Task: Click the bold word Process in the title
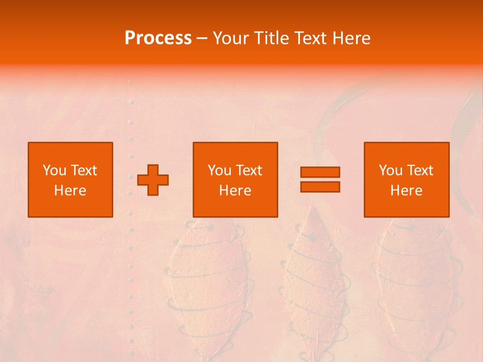coord(158,38)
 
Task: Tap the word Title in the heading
coord(272,38)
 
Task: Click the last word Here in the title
coord(351,38)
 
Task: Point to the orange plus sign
coord(153,180)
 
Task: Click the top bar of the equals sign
coord(320,172)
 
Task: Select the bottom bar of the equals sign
coord(320,187)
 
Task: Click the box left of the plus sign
coord(70,179)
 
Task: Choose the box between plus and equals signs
coord(235,179)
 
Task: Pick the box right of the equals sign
coord(406,179)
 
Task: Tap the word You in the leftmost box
coord(54,170)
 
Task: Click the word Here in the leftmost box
coord(70,191)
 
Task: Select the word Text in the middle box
coord(249,170)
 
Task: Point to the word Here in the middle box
coord(235,191)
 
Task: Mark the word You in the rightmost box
coord(390,170)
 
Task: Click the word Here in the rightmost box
coord(406,191)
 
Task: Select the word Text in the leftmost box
coord(84,170)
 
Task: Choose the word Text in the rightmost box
coord(420,170)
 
